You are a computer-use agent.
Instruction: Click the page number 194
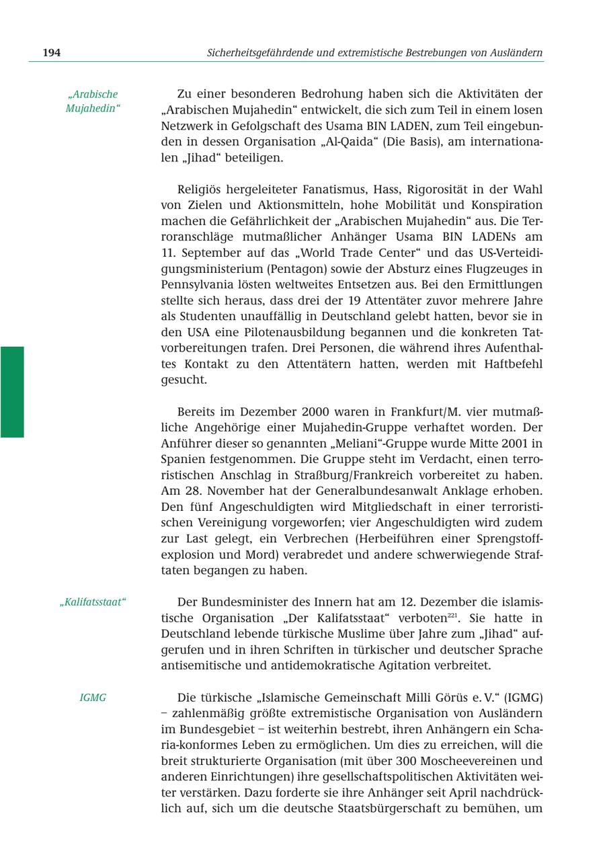[52, 52]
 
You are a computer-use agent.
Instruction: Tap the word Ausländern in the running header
[516, 52]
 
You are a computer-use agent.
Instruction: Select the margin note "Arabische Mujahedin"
[93, 101]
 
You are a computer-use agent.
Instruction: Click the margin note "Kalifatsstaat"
[93, 602]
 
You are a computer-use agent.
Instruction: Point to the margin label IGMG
[93, 697]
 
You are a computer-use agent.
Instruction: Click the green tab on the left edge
[11, 392]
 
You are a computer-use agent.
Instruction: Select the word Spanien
[184, 458]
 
